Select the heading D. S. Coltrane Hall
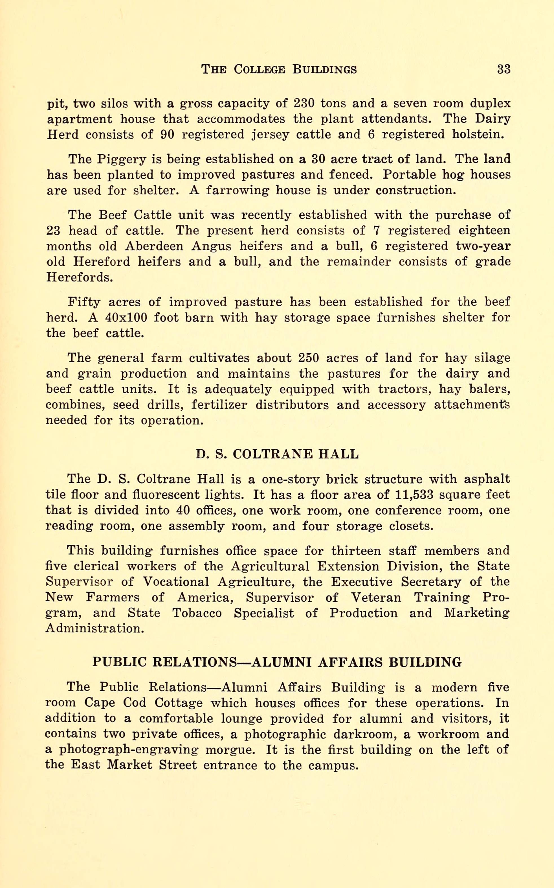277,454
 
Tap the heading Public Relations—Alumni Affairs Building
277,662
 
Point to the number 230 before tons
304,104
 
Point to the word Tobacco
197,613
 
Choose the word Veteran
376,597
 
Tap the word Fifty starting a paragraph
84,302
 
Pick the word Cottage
179,703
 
